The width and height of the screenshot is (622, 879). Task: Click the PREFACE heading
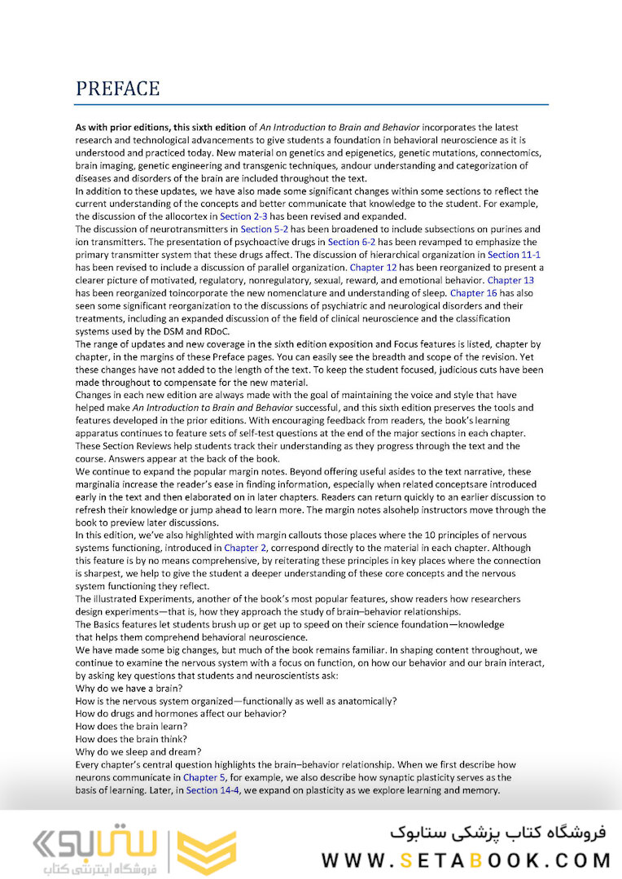click(x=117, y=89)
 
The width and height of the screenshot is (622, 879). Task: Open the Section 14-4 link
click(x=213, y=789)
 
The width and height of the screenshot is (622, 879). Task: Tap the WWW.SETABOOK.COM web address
click(x=466, y=859)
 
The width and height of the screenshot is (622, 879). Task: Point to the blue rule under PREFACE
click(x=311, y=105)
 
